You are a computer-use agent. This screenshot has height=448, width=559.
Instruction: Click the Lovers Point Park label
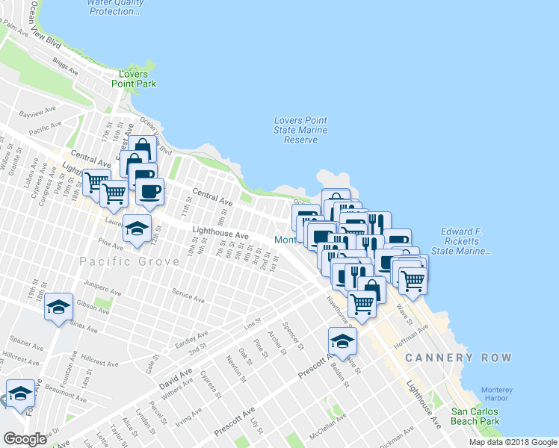(138, 79)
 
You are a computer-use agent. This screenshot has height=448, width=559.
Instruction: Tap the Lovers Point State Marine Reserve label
(300, 130)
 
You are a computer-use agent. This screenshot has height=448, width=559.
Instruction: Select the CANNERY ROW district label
(459, 358)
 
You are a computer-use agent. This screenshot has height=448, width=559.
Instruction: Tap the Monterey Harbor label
(497, 394)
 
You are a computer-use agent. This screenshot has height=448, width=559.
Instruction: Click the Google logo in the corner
(25, 439)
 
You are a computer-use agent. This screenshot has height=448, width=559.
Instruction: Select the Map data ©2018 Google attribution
(513, 442)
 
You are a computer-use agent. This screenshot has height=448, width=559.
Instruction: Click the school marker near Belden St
(342, 340)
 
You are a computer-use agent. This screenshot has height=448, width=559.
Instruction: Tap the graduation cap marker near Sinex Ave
(58, 307)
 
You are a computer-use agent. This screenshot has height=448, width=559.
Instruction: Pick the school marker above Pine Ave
(137, 228)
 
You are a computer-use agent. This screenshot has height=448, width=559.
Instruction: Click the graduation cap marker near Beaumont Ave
(19, 393)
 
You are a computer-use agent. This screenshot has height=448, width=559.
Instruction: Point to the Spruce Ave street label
(188, 296)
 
